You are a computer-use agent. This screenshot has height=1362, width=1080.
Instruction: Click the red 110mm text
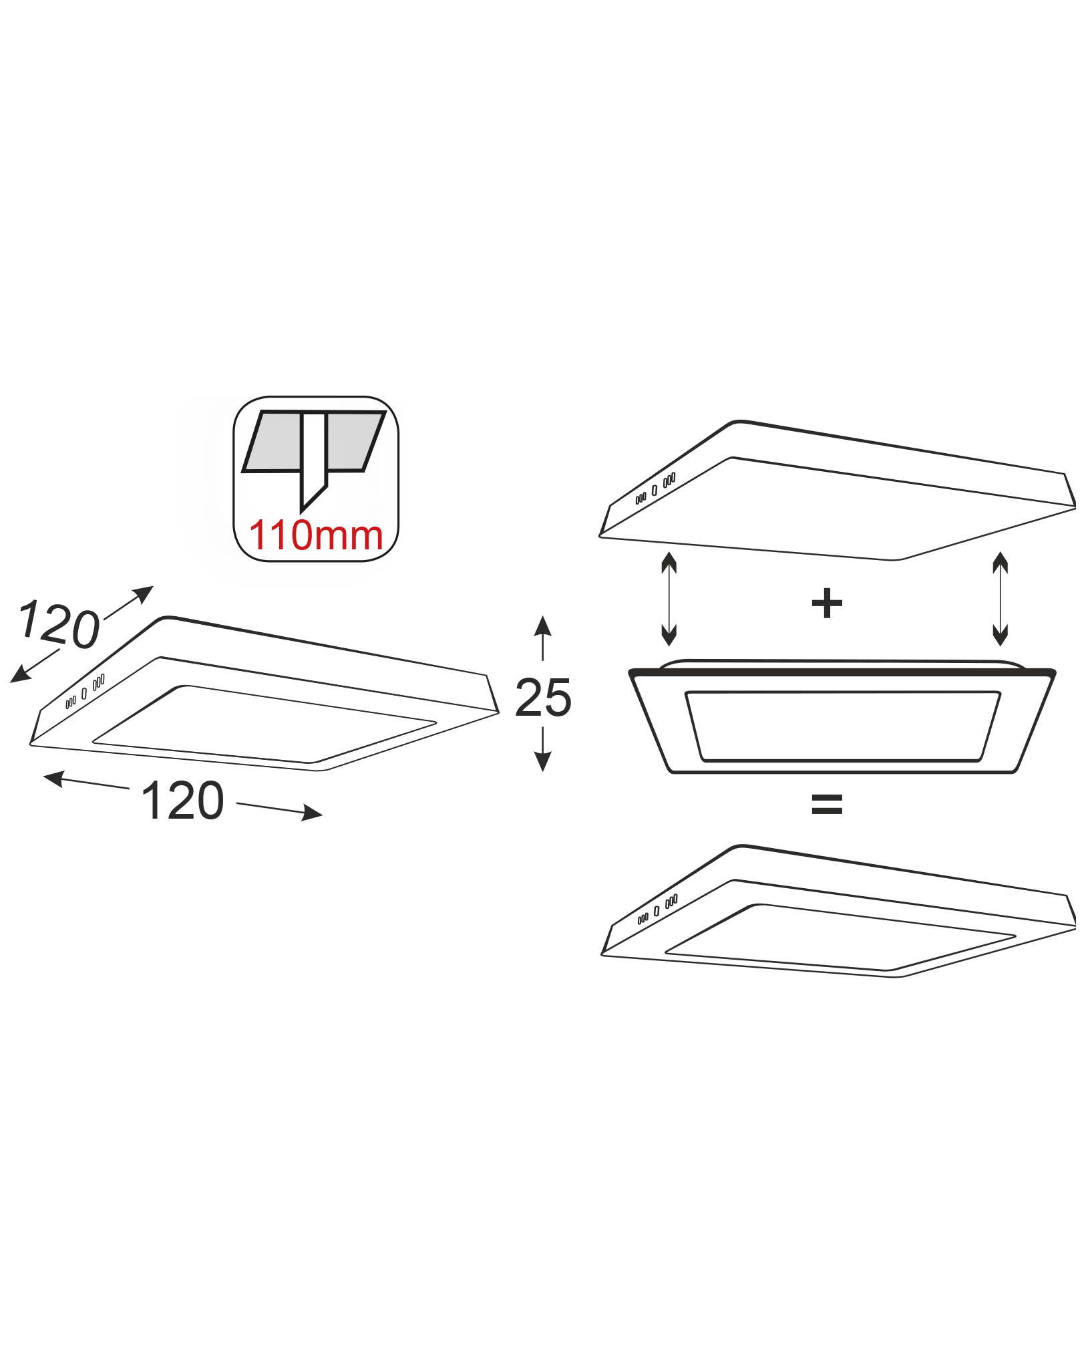317,536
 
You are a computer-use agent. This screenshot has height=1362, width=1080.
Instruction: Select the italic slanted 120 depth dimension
59,625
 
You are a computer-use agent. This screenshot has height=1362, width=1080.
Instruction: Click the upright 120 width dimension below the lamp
183,801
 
